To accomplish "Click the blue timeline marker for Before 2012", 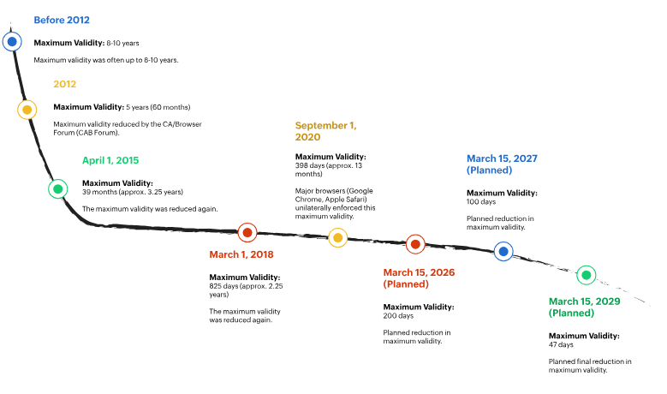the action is click(x=12, y=42).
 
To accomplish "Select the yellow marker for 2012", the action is click(x=27, y=110).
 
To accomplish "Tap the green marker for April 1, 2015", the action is click(x=58, y=189).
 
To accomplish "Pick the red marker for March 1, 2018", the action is click(x=247, y=233).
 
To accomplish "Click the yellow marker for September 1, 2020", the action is click(x=337, y=237).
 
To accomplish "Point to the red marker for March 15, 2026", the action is click(x=415, y=244).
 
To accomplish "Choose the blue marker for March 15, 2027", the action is click(x=503, y=252).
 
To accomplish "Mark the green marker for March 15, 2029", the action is click(x=587, y=275).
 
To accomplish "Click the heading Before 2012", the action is click(x=62, y=20).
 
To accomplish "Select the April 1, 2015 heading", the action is click(x=110, y=160).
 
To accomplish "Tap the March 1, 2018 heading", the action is click(x=241, y=254).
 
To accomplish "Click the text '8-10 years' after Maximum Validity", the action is click(x=123, y=43).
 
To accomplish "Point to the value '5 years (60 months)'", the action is click(x=158, y=107).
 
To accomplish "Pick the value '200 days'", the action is click(x=398, y=316).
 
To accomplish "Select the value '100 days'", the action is click(x=481, y=201).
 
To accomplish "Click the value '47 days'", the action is click(x=561, y=344).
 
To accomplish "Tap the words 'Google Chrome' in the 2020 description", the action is click(x=334, y=195).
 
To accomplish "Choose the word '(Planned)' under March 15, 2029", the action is click(x=571, y=313).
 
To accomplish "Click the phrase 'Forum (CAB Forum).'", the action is click(x=86, y=133).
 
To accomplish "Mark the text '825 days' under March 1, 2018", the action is click(x=223, y=286).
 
